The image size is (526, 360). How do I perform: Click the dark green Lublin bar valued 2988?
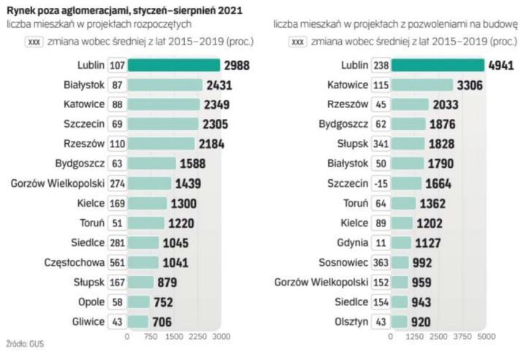(x=174, y=65)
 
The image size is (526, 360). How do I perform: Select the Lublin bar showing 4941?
(x=437, y=65)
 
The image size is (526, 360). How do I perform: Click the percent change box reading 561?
(x=117, y=262)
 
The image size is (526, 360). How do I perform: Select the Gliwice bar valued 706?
(x=138, y=321)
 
